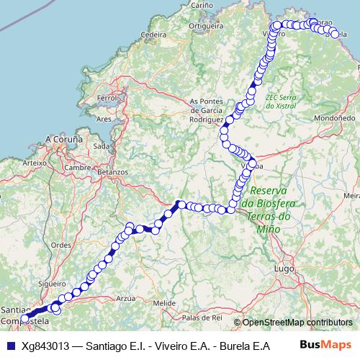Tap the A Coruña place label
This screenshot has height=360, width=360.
click(65, 138)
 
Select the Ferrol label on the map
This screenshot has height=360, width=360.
click(106, 97)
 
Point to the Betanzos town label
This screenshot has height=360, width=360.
click(112, 172)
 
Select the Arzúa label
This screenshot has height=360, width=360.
click(125, 297)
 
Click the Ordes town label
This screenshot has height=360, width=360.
click(60, 244)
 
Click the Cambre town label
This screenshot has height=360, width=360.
click(76, 167)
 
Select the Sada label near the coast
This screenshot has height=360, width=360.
click(101, 145)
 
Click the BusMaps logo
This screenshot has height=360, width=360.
click(325, 345)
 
